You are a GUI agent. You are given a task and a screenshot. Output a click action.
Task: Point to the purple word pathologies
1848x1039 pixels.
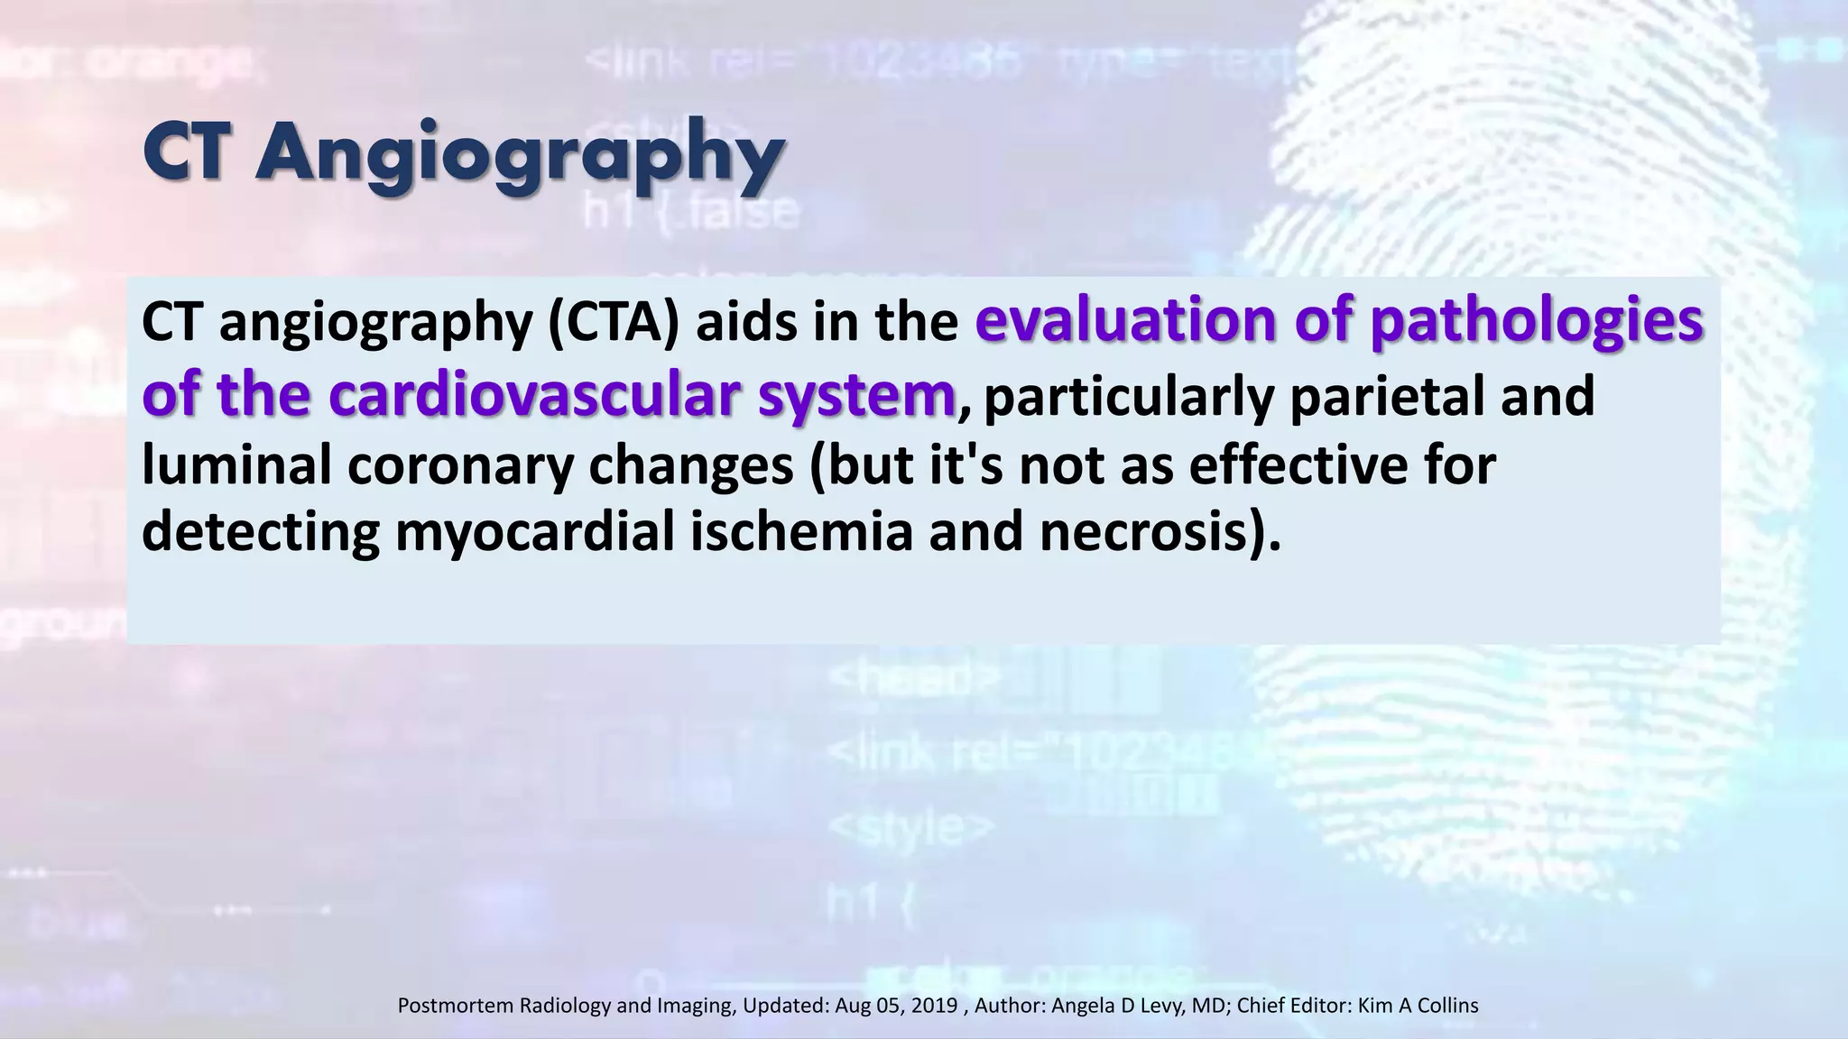(1536, 323)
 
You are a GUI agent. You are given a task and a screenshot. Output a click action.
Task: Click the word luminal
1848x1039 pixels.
(236, 465)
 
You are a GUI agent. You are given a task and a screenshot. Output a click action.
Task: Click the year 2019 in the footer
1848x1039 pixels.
(934, 1005)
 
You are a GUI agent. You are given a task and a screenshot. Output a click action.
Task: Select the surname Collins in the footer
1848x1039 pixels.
(1447, 1005)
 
